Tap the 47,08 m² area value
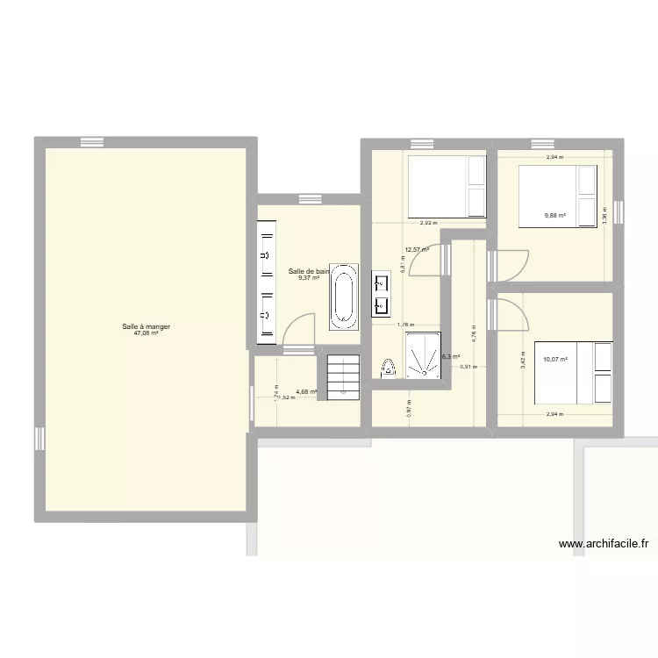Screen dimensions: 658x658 point(146,333)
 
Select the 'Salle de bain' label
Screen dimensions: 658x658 point(309,271)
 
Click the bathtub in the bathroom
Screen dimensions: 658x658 point(343,296)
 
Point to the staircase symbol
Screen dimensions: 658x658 point(343,375)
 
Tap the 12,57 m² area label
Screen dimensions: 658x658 point(417,249)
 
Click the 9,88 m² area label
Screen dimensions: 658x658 point(554,215)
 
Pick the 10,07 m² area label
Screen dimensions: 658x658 point(554,359)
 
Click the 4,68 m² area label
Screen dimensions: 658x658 point(306,391)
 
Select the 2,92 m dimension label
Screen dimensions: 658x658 point(428,223)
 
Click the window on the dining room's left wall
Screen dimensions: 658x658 point(39,438)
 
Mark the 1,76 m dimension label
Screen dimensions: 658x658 point(405,325)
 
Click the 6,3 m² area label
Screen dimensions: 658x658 point(450,357)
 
